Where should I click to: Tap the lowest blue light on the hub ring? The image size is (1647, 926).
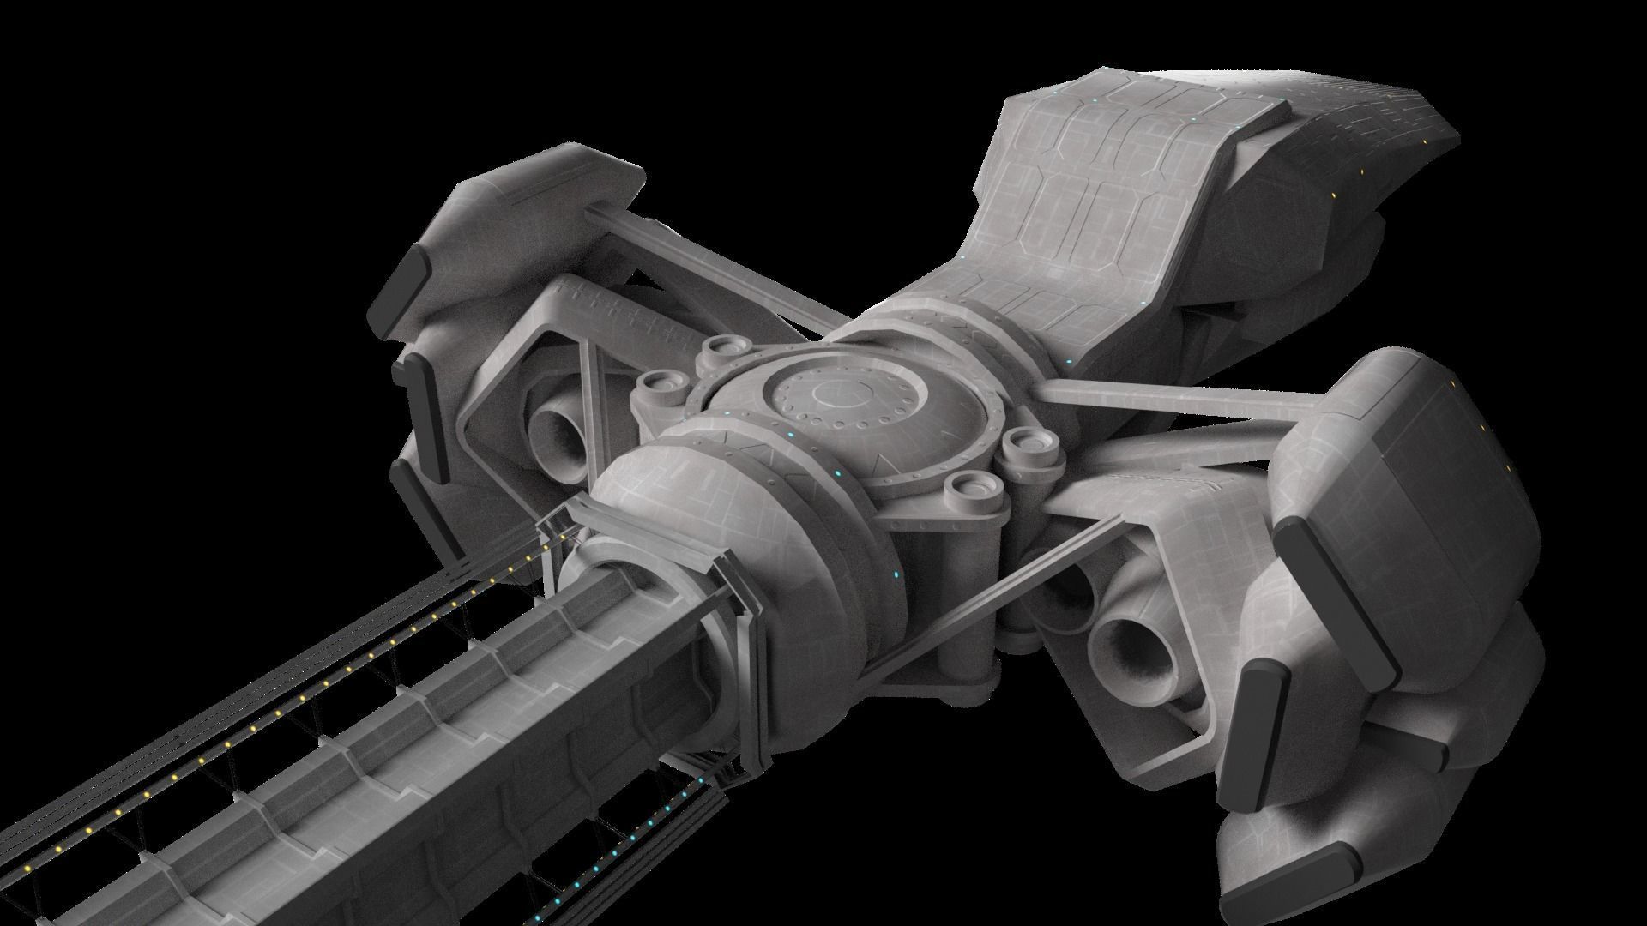(x=897, y=574)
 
